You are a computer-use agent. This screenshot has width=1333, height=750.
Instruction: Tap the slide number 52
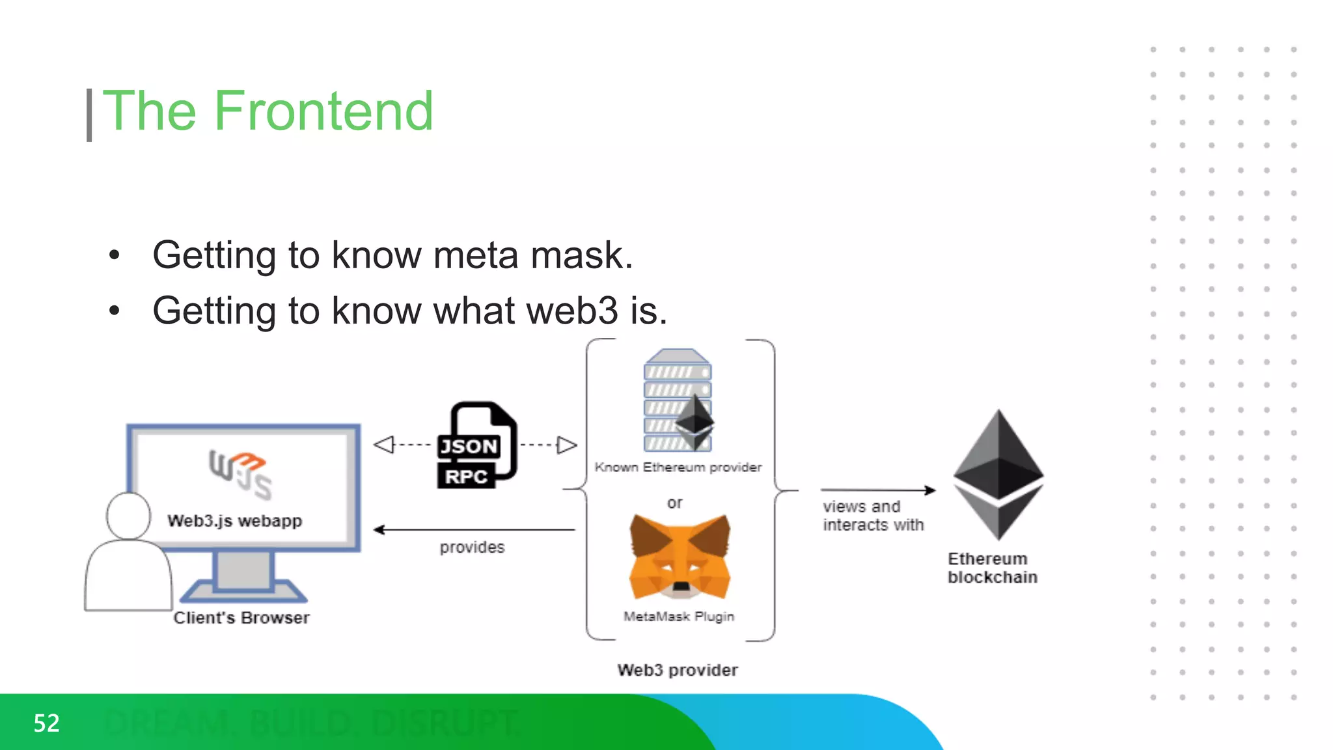point(46,723)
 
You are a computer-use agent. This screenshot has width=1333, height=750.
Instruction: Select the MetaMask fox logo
point(680,557)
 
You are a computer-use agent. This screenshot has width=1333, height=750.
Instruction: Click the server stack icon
point(677,400)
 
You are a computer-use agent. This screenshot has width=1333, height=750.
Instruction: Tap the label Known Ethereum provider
point(678,467)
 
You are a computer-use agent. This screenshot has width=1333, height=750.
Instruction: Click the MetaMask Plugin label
point(678,616)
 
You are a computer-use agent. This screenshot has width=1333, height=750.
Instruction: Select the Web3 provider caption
point(677,670)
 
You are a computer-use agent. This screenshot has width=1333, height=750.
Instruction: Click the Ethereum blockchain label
point(992,568)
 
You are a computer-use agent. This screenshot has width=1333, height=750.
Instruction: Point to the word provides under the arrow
point(472,548)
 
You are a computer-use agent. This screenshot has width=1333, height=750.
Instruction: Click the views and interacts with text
point(872,516)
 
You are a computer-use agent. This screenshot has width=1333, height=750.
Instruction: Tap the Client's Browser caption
point(241,618)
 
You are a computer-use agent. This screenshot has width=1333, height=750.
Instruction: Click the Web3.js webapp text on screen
point(234,521)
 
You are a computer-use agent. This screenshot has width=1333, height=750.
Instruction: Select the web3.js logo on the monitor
point(240,474)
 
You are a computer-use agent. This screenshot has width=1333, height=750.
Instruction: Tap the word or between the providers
point(674,503)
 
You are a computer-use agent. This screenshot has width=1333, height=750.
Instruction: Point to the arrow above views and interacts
point(877,490)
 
